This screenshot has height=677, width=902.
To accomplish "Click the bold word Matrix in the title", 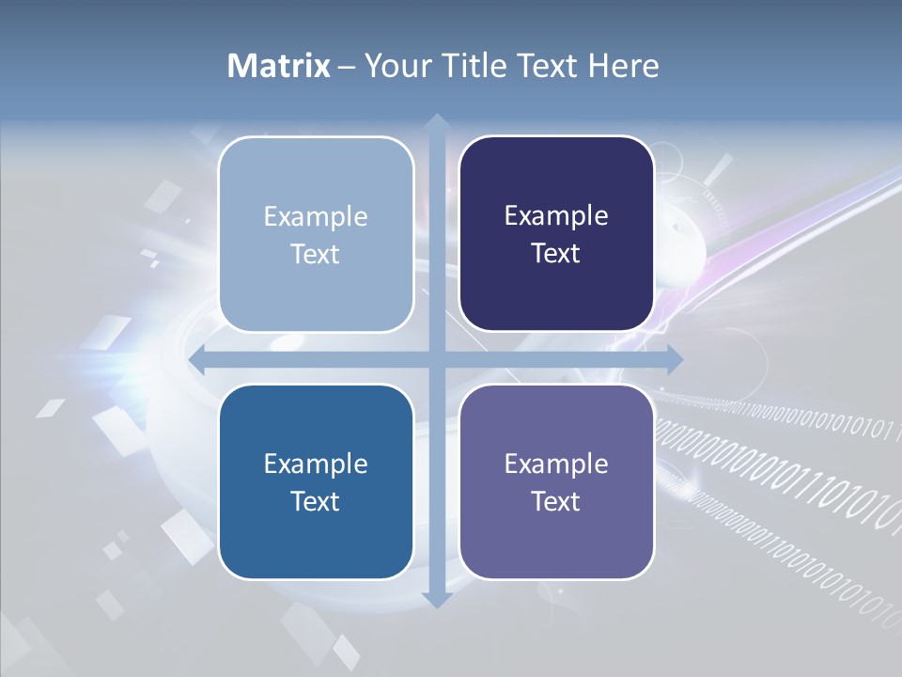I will click(279, 66).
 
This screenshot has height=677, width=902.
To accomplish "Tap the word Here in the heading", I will click(623, 66).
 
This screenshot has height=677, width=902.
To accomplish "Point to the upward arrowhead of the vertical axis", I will click(436, 121).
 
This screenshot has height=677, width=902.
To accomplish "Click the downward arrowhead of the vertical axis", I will click(436, 599).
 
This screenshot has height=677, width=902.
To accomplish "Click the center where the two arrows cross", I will click(436, 359).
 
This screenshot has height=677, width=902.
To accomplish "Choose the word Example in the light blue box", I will click(316, 217).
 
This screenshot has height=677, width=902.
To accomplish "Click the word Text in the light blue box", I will click(316, 254).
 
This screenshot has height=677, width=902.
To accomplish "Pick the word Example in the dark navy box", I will click(556, 216).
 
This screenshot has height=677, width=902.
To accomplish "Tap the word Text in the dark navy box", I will click(556, 253).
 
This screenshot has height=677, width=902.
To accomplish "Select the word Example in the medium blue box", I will click(316, 464).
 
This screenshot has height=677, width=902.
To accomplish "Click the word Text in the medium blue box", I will click(316, 501).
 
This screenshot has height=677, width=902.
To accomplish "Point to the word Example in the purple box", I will click(556, 464).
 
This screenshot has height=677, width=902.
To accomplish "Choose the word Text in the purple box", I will click(556, 501).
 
